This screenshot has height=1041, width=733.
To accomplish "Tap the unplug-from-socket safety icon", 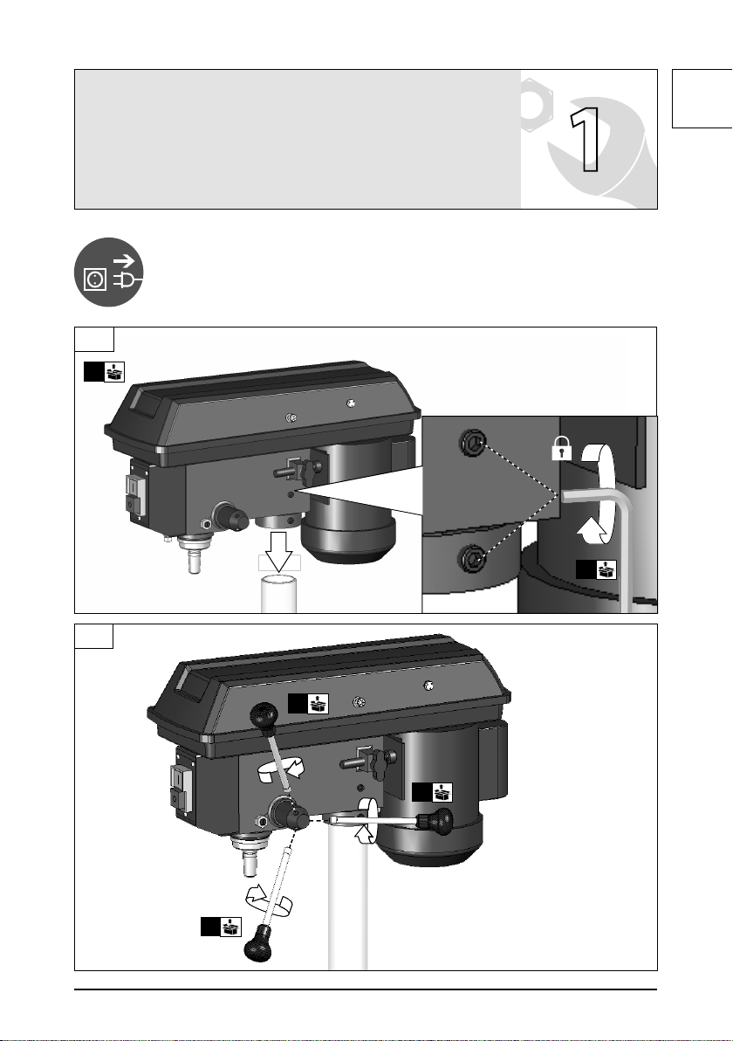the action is pyautogui.click(x=109, y=272).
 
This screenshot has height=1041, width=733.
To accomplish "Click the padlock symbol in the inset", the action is pyautogui.click(x=561, y=450).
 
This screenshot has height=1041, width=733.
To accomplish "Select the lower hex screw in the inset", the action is pyautogui.click(x=473, y=558).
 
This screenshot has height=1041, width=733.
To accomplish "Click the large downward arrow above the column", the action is pyautogui.click(x=279, y=550).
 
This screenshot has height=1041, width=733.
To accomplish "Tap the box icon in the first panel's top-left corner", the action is pyautogui.click(x=104, y=371).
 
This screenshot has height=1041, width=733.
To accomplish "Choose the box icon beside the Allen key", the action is pyautogui.click(x=596, y=569).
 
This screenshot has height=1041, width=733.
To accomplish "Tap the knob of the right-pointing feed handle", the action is pyautogui.click(x=438, y=823).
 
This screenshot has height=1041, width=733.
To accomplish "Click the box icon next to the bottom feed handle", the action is pyautogui.click(x=222, y=927).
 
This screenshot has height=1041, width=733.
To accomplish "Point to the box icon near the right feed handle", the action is pyautogui.click(x=433, y=793).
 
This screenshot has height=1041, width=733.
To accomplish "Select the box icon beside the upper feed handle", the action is pyautogui.click(x=308, y=704).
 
